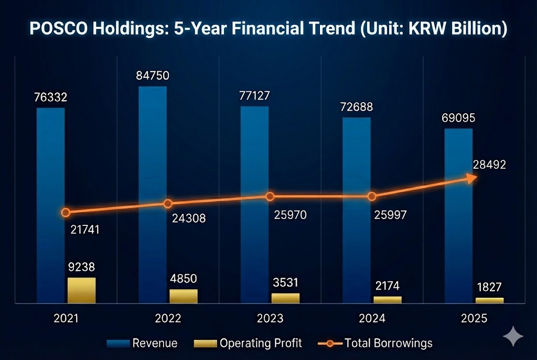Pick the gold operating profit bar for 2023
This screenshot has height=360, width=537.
pos(286,298)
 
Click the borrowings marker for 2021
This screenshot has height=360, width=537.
pos(66,212)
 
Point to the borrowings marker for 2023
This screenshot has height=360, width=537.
pos(270,197)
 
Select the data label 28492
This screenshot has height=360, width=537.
pos(489,165)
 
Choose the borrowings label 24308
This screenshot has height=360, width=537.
pos(189,218)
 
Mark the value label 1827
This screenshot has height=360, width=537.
pos(489,287)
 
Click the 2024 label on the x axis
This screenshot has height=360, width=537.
pos(372,319)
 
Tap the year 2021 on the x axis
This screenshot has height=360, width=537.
pos(66,319)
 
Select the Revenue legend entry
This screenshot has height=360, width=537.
pos(143,343)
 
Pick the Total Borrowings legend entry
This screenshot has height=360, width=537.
pos(375,343)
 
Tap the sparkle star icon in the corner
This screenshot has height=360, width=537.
pos(512,336)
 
